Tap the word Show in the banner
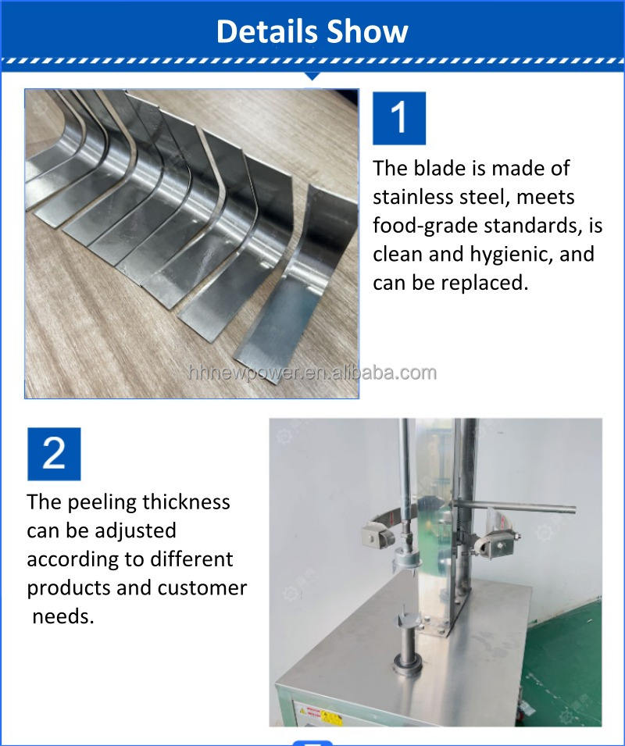point(368,31)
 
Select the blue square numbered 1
point(399,118)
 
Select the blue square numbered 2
point(54,453)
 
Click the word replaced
point(484,284)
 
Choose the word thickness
point(186,502)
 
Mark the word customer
point(202,588)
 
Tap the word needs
point(62,617)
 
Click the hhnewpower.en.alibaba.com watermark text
point(312,373)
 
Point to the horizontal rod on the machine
point(515,506)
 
